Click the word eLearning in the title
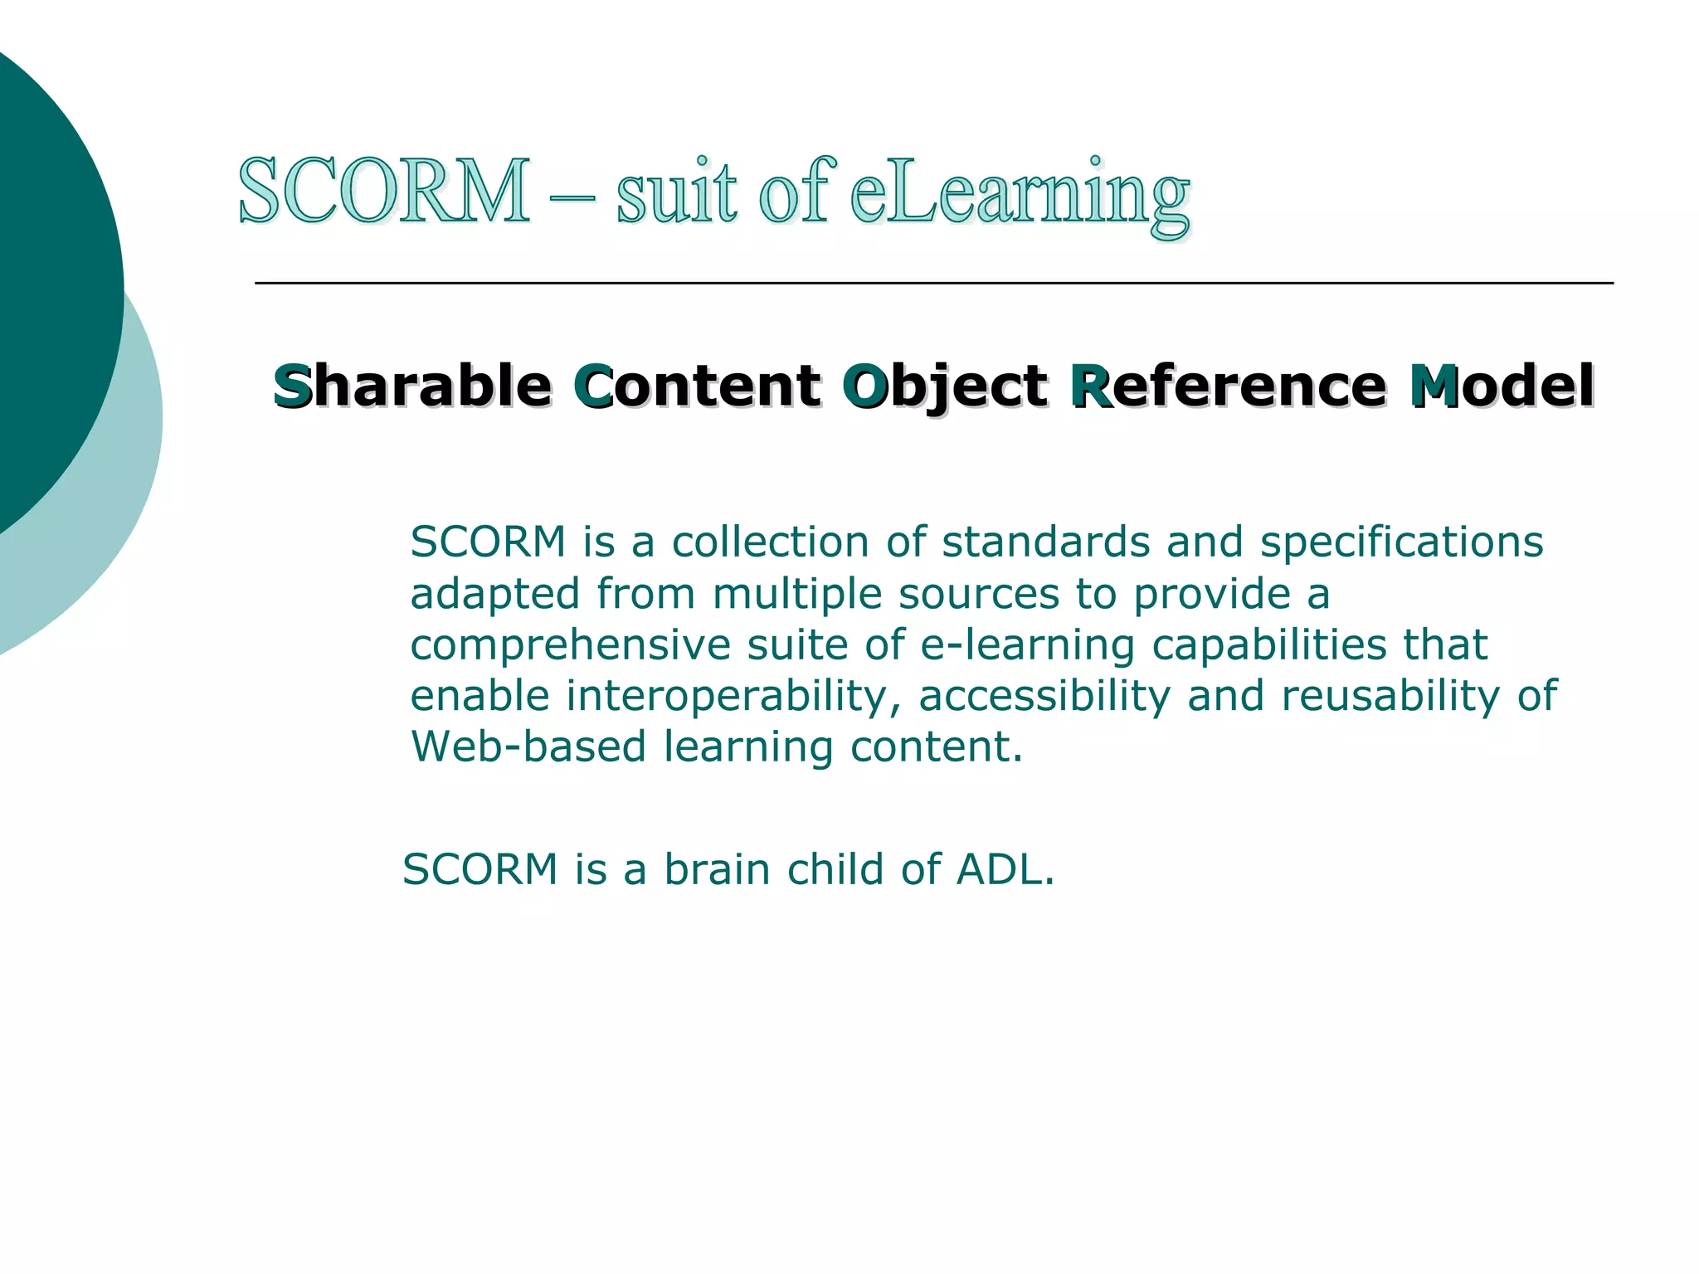[1020, 195]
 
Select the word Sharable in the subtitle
[412, 387]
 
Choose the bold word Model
[1502, 387]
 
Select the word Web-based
[528, 746]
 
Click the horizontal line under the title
[933, 284]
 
